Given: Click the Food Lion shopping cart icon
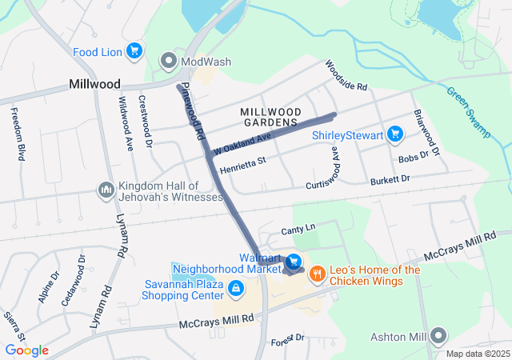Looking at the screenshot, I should pos(134,51).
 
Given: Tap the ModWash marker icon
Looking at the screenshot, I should pos(168,60).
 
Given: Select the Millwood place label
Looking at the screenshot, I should pos(94,84).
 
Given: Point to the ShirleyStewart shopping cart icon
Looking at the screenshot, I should pos(394,134).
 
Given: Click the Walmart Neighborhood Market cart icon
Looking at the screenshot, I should pos(294,262).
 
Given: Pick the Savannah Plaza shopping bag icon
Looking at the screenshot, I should pos(235,288).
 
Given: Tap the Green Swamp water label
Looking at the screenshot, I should pos(467,112).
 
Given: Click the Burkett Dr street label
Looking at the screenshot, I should pos(390,181).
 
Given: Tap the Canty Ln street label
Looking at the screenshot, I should pos(298,230).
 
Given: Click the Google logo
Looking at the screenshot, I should pos(26,350).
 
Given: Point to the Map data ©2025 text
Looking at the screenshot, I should pos(477,354).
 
